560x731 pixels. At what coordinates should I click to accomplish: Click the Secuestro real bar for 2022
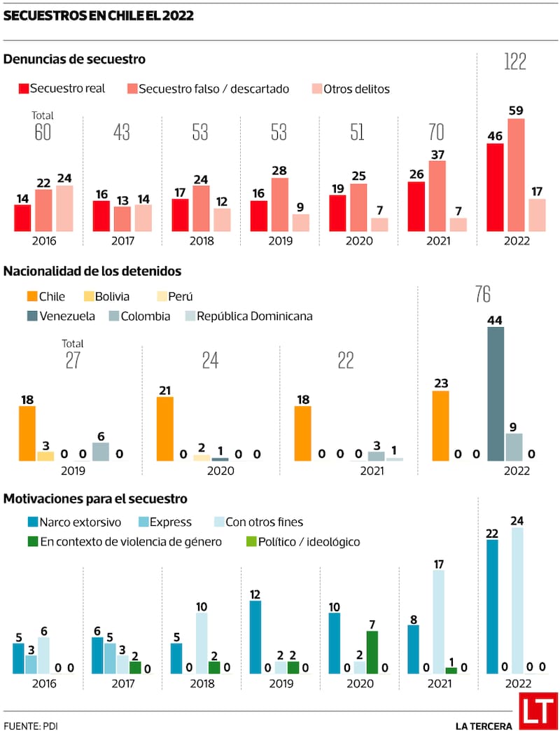click(x=495, y=187)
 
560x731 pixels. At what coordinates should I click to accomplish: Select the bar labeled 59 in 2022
click(x=516, y=175)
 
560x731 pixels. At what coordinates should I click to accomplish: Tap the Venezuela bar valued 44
click(x=496, y=394)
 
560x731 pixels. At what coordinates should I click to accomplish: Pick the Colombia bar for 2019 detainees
click(x=100, y=452)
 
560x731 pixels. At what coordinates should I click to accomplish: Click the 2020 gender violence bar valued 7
click(x=372, y=652)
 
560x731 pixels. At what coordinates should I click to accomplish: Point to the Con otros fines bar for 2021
click(x=439, y=622)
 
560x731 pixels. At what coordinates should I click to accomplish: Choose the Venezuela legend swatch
click(x=32, y=316)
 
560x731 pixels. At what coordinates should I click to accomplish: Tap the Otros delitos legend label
click(x=356, y=89)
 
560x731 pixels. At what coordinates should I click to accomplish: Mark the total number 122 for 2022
click(x=515, y=62)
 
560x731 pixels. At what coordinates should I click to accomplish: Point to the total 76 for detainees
click(x=482, y=295)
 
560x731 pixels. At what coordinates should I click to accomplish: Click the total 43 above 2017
click(x=122, y=132)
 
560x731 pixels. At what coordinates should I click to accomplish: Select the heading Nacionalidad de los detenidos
click(x=92, y=271)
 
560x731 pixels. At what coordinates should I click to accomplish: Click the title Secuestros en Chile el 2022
click(x=99, y=15)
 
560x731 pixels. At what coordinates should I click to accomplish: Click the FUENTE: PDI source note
click(x=31, y=725)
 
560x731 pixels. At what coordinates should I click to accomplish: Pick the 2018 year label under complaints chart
click(x=201, y=240)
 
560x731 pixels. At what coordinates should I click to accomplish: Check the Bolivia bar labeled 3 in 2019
click(x=45, y=456)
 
